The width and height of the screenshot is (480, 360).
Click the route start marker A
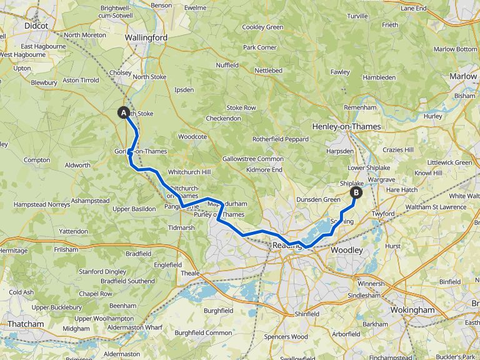tap(124, 113)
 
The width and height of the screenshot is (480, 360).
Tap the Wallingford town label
tap(146, 37)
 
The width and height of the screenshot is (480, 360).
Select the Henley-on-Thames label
tap(348, 126)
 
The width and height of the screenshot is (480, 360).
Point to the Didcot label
tap(36, 26)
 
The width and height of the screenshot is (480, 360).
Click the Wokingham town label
tap(412, 310)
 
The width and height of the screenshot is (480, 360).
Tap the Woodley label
tap(347, 250)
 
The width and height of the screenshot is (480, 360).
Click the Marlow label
tap(463, 76)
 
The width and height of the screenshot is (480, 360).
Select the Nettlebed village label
tap(268, 71)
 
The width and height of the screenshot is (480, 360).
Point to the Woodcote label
tap(192, 136)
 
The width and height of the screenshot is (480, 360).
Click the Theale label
tap(190, 274)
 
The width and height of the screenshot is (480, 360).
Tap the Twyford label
tap(382, 214)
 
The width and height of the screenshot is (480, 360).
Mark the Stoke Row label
tap(241, 107)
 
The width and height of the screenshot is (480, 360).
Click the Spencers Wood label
tap(286, 337)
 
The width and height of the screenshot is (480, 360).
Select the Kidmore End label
tap(265, 169)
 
